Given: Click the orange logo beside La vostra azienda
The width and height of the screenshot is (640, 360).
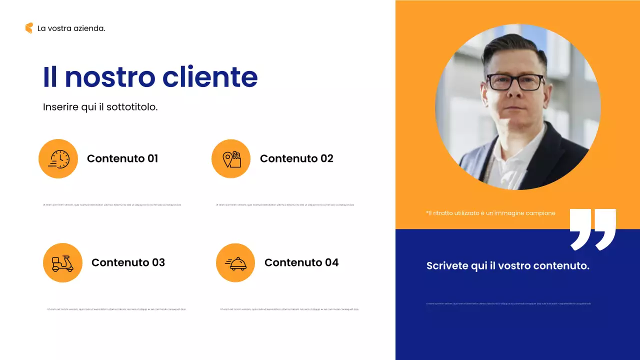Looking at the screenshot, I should [29, 28].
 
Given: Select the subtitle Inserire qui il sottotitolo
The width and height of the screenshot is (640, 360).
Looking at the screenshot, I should [100, 107].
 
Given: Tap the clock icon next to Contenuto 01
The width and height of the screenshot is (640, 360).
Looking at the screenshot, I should [58, 158].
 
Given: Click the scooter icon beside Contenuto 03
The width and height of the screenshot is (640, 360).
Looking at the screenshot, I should [62, 263].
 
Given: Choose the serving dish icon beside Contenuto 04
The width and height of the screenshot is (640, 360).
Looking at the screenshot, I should [235, 263].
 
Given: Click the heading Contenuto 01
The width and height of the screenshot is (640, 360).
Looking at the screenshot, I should [122, 158].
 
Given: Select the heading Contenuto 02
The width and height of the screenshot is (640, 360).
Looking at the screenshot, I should [296, 158].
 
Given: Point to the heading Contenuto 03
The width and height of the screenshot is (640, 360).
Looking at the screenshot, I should [128, 262].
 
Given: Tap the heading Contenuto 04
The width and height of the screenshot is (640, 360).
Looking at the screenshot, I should [301, 262].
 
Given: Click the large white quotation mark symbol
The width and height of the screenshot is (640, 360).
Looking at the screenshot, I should [593, 229].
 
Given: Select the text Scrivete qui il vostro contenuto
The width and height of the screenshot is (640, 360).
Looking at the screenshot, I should [507, 266].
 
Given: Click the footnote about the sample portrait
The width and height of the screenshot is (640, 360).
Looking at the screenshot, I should [490, 213].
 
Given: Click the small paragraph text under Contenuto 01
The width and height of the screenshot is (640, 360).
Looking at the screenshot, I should [112, 205].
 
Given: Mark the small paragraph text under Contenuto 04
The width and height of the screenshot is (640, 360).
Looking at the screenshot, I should [289, 309].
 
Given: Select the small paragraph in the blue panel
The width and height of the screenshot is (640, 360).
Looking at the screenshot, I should [508, 303].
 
